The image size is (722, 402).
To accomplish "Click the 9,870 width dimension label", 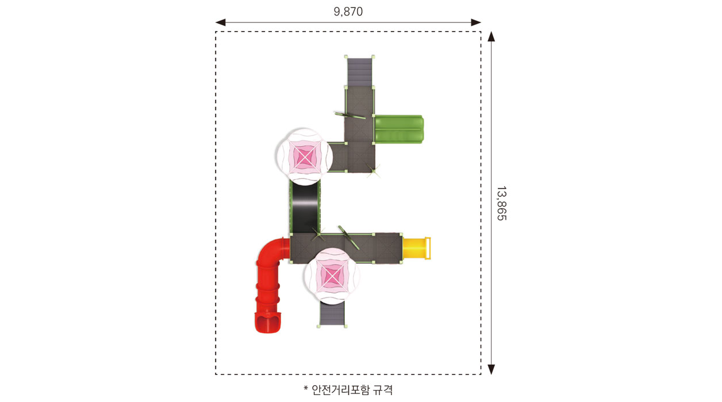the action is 348,11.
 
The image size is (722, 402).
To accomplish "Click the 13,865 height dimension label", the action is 501,203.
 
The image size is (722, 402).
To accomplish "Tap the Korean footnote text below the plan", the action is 348,390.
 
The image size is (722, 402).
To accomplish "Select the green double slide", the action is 399,129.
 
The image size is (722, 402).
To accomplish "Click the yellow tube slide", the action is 416,248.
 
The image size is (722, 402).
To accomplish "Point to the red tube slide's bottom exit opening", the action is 267,323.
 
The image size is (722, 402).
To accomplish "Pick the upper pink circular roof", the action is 305,157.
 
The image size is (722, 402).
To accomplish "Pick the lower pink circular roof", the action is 332,276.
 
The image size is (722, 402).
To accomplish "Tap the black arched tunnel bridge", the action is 305,208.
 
